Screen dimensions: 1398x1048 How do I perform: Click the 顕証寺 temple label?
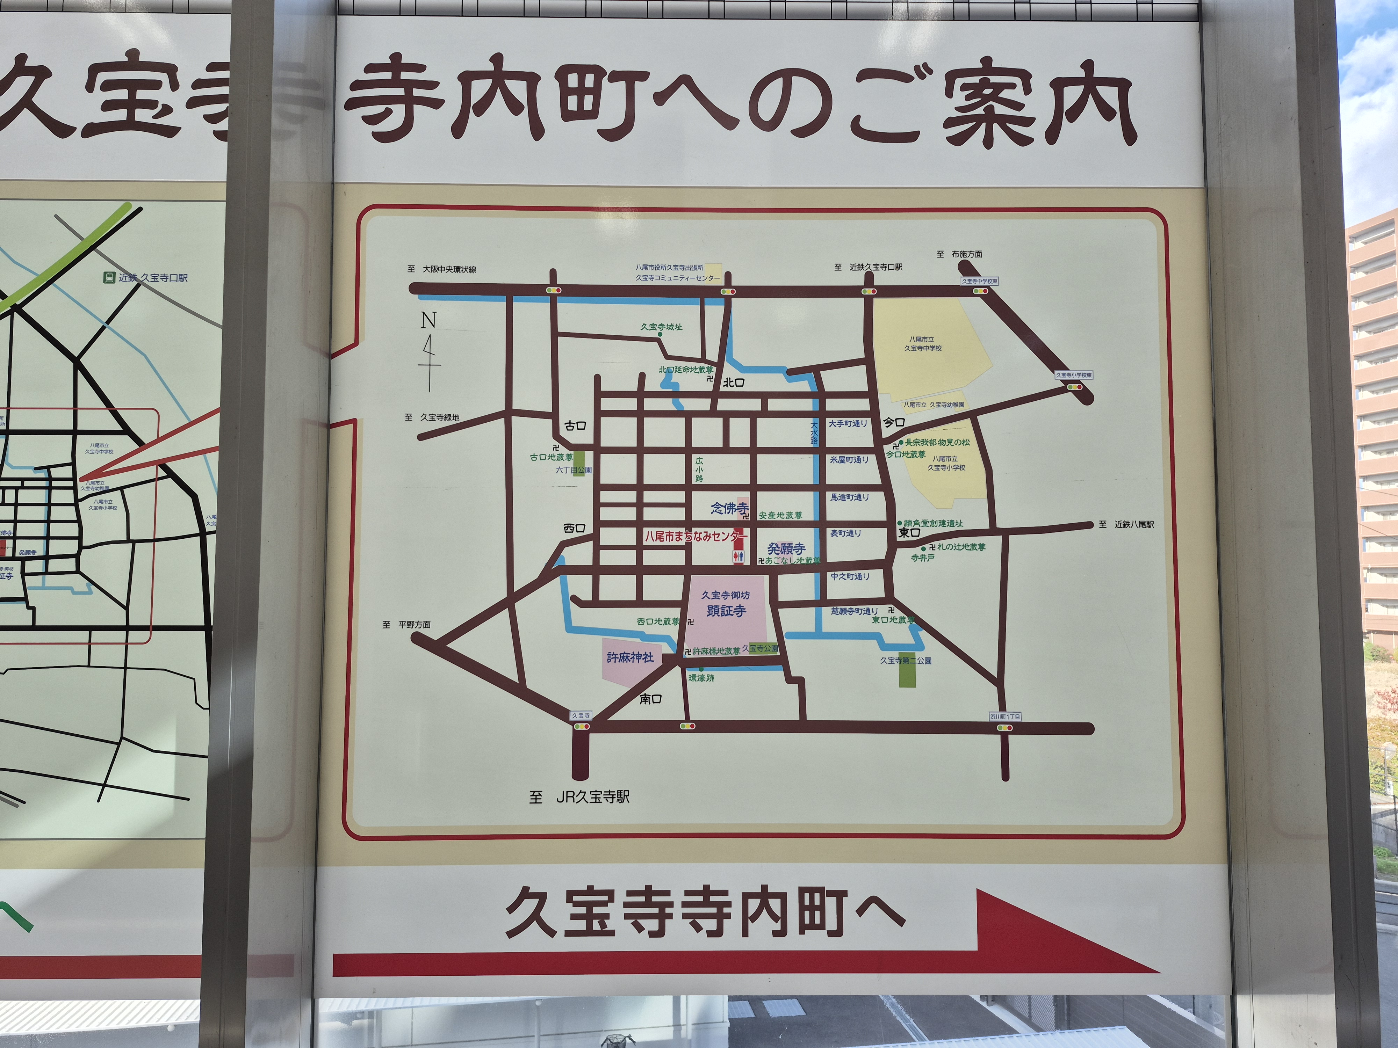(726, 611)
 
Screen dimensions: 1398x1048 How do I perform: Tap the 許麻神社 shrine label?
(630, 657)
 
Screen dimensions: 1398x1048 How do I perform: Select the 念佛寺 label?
(729, 508)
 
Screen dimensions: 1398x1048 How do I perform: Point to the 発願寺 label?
(786, 548)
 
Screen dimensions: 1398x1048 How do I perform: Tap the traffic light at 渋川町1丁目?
(1004, 728)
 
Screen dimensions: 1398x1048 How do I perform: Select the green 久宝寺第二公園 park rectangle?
(907, 670)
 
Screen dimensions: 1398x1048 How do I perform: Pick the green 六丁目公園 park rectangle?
(579, 463)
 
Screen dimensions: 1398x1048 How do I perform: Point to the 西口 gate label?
(575, 528)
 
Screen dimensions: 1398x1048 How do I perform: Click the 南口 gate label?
(650, 699)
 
